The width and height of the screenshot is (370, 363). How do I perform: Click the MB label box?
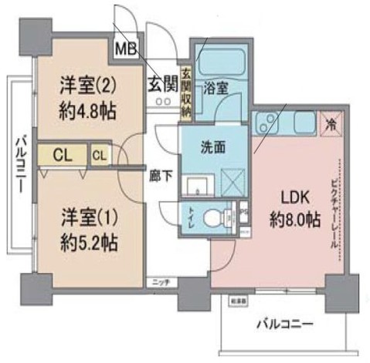[x=126, y=49]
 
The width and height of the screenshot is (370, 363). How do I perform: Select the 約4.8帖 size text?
[x=88, y=110]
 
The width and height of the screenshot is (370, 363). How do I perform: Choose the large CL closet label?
[x=64, y=154]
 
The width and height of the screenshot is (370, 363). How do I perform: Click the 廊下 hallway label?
[x=161, y=174]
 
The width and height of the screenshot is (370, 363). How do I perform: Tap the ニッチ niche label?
[x=161, y=282]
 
